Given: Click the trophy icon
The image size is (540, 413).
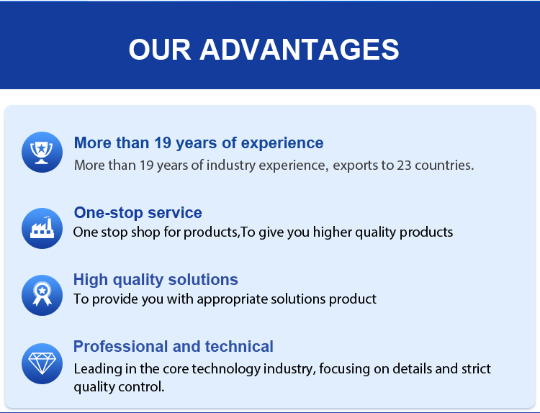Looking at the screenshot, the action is point(42,152).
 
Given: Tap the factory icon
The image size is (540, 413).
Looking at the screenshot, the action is point(42,228).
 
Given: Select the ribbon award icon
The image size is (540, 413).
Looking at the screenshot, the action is point(42,295).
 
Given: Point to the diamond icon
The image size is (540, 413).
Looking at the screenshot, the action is point(42,363).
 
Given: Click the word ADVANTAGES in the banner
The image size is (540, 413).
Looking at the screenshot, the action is point(300,50).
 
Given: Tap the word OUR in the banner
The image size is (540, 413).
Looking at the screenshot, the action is point(160,50).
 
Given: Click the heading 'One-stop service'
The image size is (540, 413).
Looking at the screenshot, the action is point(138,213).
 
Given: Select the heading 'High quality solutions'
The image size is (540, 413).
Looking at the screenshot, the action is point(156,280).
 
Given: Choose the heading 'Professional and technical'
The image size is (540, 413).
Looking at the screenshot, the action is point(174,347).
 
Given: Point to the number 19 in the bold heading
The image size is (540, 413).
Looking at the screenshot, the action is point(163,143).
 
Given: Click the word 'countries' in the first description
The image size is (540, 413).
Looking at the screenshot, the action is point(444,165).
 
